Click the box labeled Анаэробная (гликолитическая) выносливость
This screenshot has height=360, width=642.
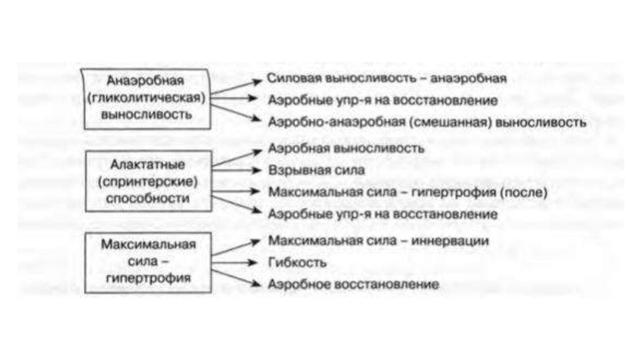[146, 98]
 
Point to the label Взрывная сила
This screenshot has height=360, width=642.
[316, 170]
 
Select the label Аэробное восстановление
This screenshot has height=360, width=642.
[353, 284]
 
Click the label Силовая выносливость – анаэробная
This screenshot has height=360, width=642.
[386, 79]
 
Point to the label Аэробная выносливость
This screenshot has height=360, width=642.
[346, 149]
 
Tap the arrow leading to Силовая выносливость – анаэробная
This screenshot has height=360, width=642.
[234, 87]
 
